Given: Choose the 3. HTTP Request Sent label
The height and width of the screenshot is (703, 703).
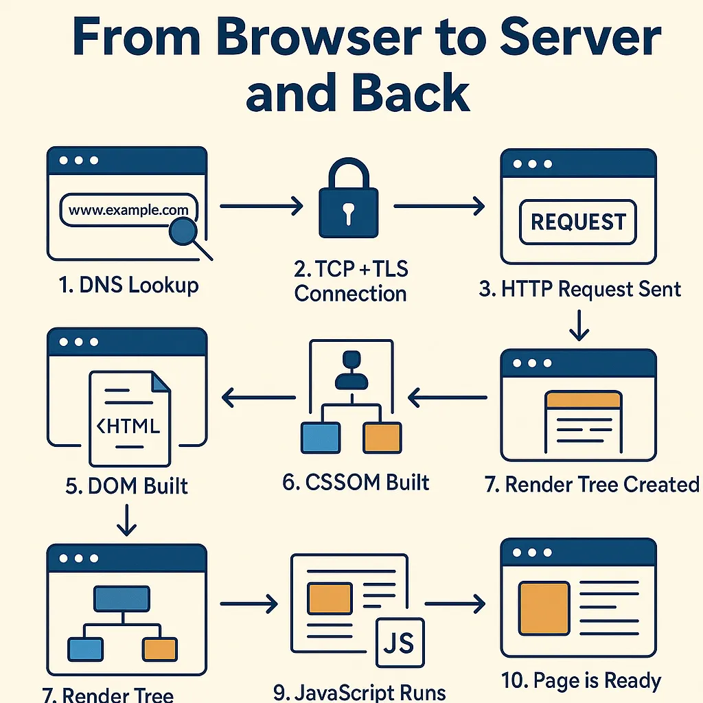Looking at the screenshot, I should (x=580, y=288).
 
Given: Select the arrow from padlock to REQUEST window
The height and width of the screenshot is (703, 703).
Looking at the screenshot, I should (x=439, y=205).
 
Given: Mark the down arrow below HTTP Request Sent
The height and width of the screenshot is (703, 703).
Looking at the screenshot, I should (x=579, y=325).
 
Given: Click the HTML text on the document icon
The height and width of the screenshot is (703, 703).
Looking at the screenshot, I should (x=128, y=426).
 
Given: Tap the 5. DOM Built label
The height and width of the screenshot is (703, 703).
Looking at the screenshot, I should (x=127, y=485).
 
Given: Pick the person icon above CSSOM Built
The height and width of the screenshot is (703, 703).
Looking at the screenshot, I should (x=351, y=371).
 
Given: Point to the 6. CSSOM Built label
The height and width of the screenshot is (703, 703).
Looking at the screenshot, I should (x=356, y=482).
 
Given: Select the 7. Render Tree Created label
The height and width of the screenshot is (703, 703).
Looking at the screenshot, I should (x=592, y=484).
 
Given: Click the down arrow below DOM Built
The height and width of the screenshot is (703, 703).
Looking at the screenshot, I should (x=127, y=520).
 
